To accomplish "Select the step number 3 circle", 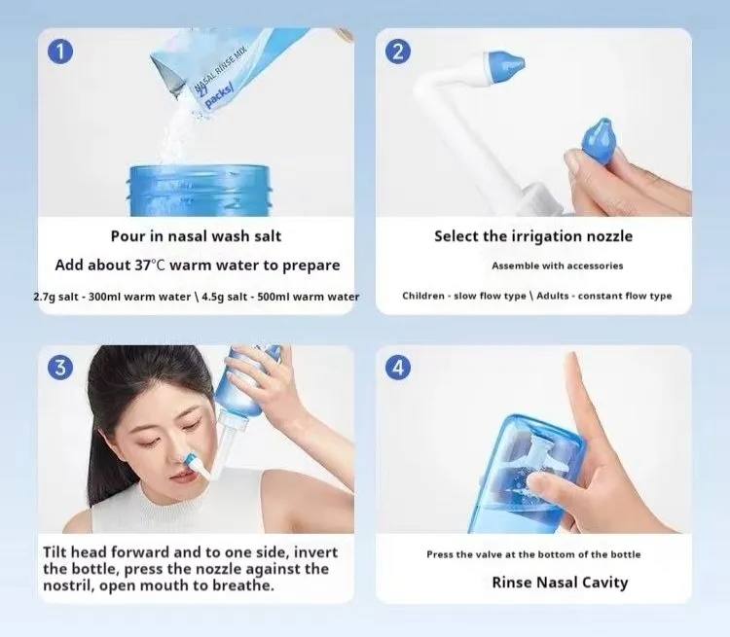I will point(60,368).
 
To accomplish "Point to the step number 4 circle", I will point(398,368).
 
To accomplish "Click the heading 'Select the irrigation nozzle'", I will point(532,236).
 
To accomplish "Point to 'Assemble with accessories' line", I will point(557,265).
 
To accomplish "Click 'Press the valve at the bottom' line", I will point(533,554).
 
